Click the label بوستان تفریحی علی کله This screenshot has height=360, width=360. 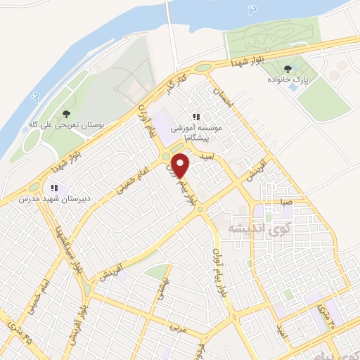(67, 124)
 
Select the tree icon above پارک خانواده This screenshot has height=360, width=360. (285, 69)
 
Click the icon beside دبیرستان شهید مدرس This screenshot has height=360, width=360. (53, 188)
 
